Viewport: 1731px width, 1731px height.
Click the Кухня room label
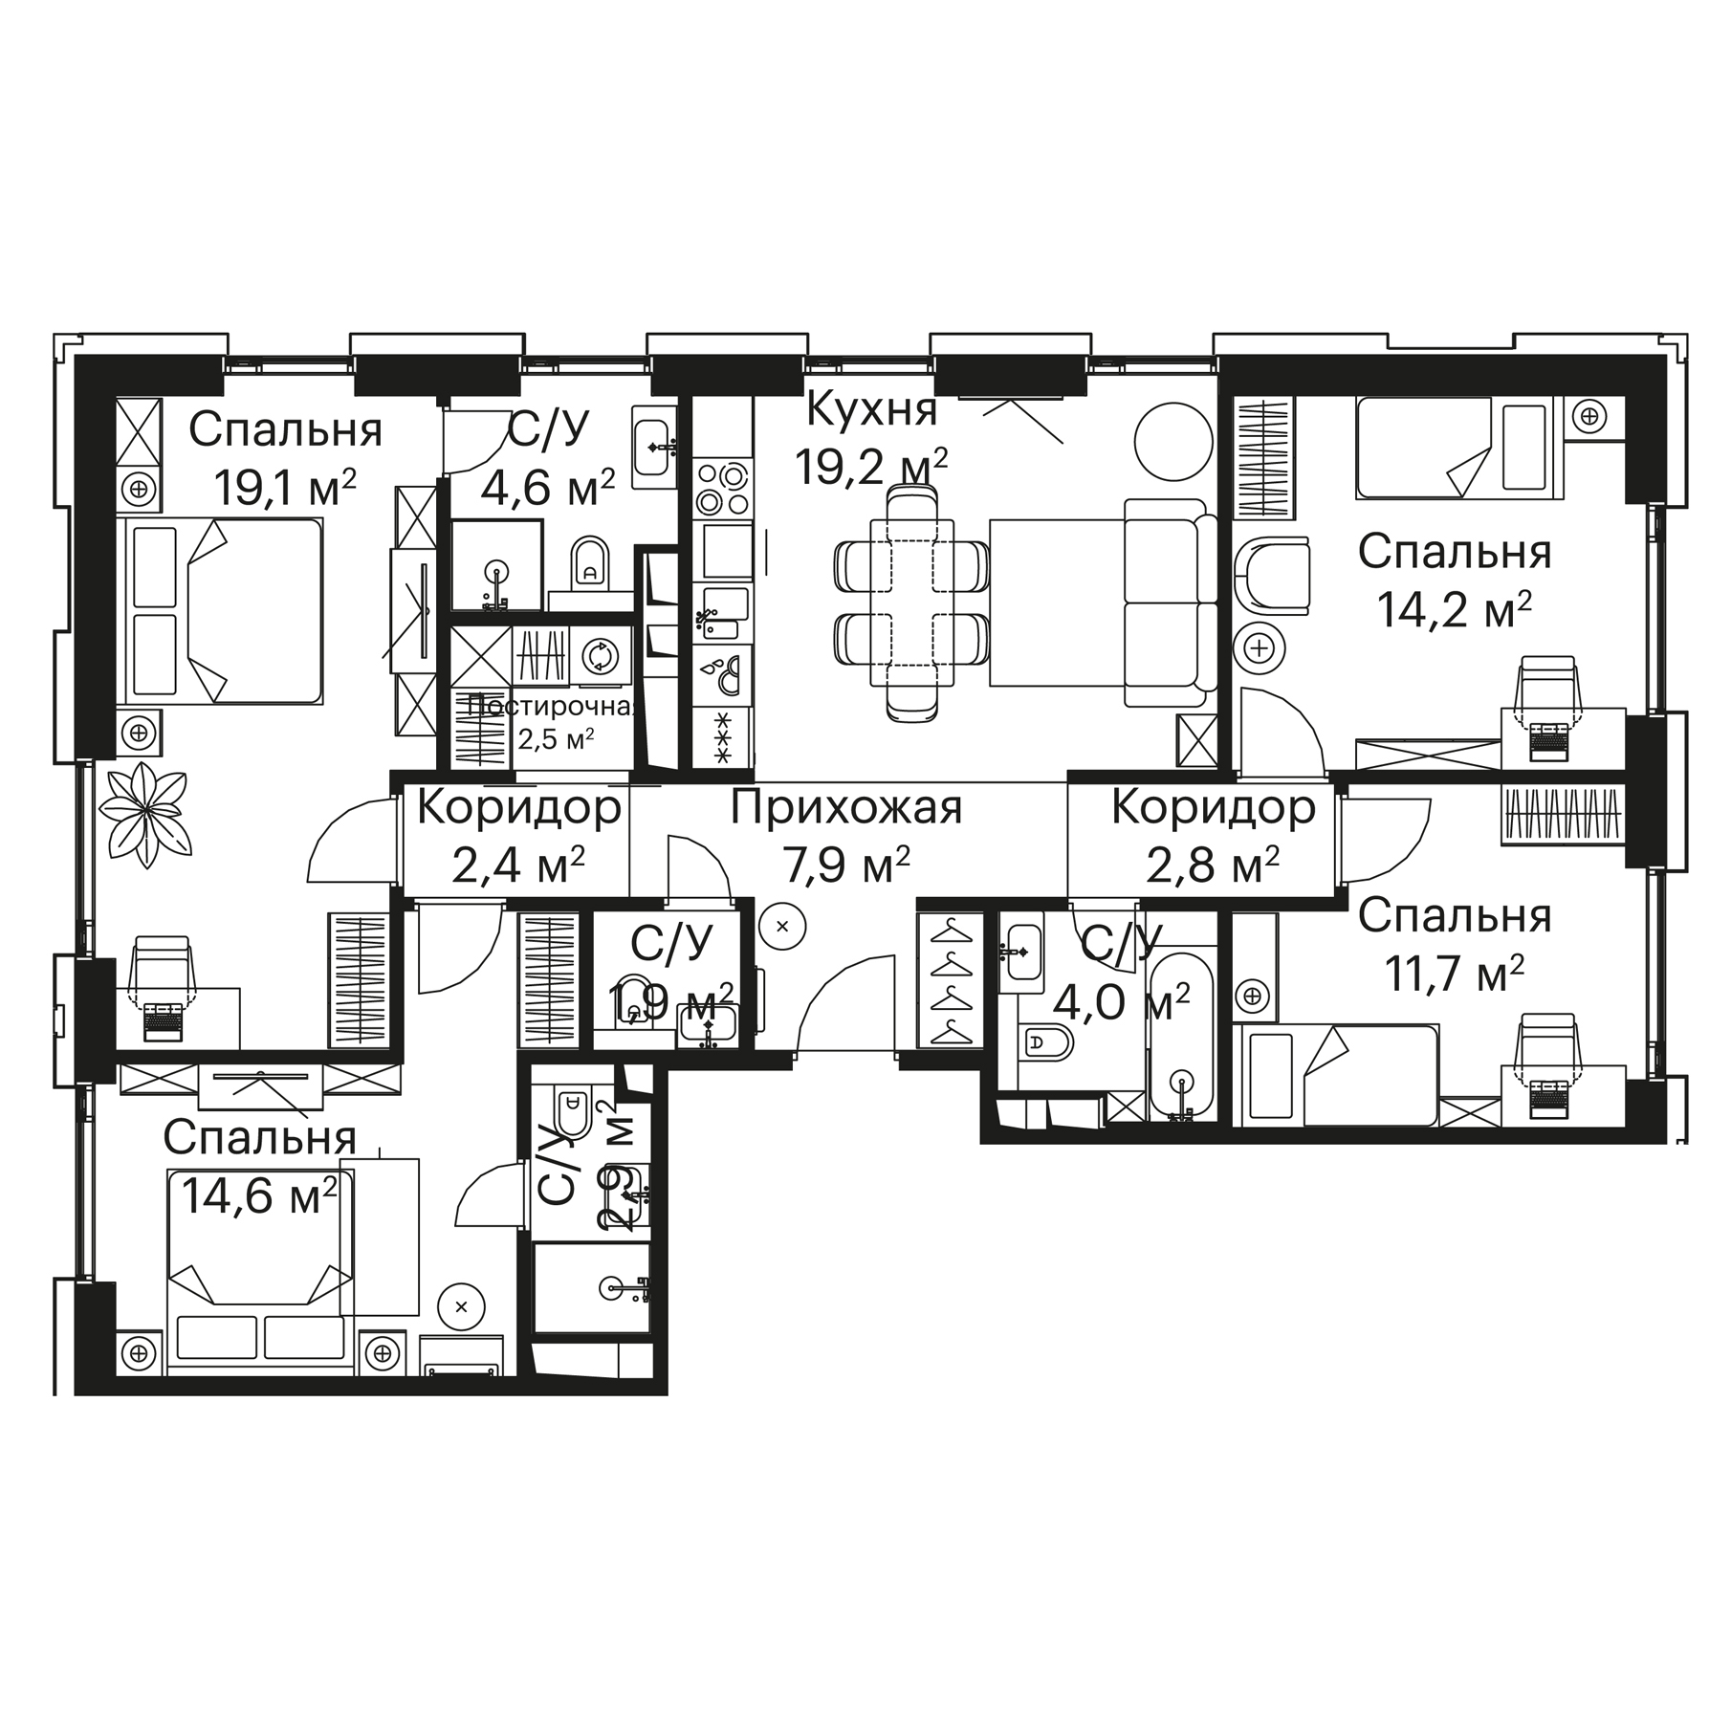click(x=871, y=409)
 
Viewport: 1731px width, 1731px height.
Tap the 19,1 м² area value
click(x=285, y=488)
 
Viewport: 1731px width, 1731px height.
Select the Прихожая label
click(x=846, y=808)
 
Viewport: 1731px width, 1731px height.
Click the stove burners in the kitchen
click(x=723, y=489)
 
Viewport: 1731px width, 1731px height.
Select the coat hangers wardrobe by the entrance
click(x=949, y=980)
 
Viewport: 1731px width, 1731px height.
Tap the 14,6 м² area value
click(x=259, y=1194)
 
